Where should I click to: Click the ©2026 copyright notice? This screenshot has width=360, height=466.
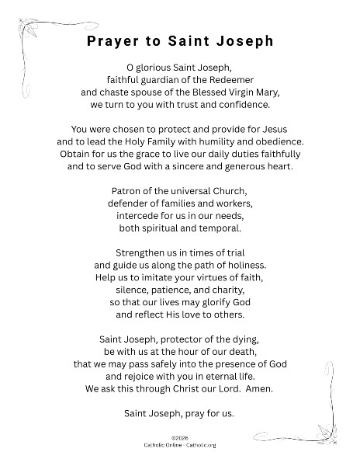pyautogui.click(x=179, y=438)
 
